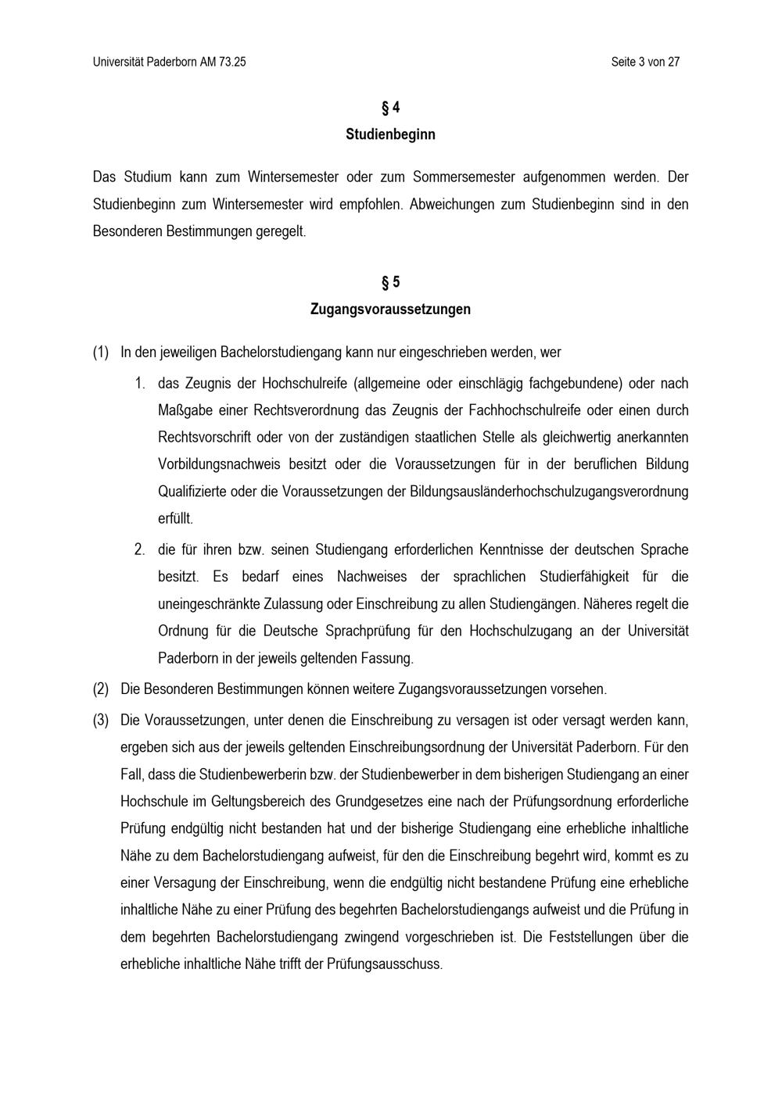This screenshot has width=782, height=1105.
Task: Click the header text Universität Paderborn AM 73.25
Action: (169, 62)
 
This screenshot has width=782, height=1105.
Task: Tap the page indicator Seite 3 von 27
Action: (645, 62)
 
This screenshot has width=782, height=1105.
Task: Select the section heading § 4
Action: (390, 107)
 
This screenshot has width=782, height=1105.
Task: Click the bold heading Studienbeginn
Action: (390, 134)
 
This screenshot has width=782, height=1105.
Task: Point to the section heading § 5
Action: (390, 282)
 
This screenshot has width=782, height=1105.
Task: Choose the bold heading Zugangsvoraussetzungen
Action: (390, 309)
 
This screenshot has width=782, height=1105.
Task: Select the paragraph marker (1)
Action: (101, 352)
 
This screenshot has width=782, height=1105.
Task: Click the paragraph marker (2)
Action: (101, 689)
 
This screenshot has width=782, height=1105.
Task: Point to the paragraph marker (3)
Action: (101, 720)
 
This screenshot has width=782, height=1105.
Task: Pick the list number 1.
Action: (140, 383)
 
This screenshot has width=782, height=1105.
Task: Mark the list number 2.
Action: (140, 549)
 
